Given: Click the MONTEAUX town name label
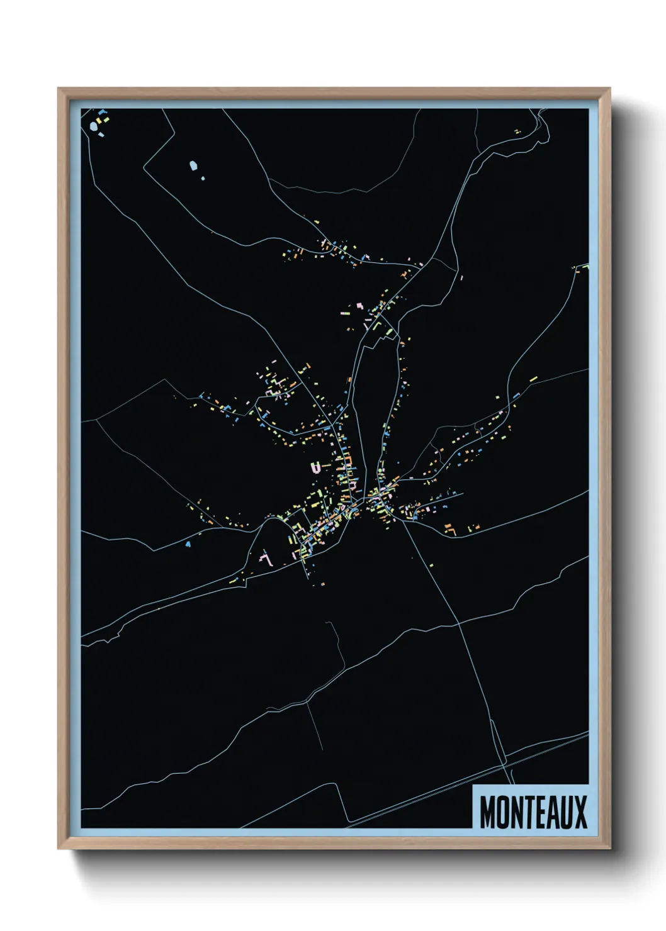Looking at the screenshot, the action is click(x=533, y=811).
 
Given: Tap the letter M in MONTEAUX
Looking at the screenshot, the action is click(x=487, y=811).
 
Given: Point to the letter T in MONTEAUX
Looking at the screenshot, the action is click(x=530, y=811).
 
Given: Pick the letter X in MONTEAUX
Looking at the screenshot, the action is click(x=580, y=811).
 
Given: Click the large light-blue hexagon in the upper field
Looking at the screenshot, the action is click(x=193, y=166).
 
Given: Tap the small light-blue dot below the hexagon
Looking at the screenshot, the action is click(x=203, y=178).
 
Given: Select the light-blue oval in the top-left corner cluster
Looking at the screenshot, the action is click(x=94, y=126).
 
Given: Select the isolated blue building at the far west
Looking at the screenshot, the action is click(x=188, y=544).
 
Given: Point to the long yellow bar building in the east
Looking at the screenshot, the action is click(x=533, y=379).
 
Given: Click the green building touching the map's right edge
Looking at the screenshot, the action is click(x=585, y=266).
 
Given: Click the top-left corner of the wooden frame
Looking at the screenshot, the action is click(x=59, y=89).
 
